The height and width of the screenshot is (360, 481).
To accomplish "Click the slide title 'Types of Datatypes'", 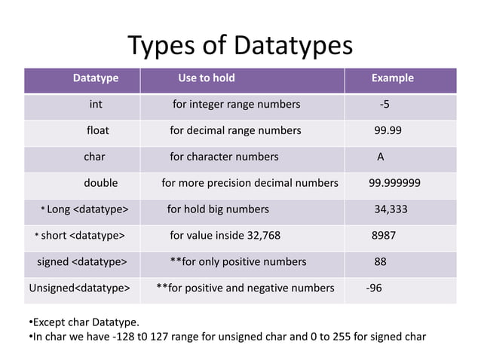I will point(240,46).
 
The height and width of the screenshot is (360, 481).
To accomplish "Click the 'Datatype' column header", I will point(95,78).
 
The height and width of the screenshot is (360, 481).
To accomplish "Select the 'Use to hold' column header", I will point(206,78).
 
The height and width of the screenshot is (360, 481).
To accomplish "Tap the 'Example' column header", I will point(392,78).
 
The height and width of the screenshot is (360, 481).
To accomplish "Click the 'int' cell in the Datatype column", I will point(96,104).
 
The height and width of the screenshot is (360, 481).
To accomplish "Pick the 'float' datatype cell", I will point(98,130).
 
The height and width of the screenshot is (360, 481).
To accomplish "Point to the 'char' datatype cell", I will point(94,157).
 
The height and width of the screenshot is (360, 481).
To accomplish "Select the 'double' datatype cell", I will point(100,183).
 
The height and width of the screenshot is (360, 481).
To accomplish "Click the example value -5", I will point(384,104).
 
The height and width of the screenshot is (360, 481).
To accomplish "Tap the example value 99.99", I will point(388,130).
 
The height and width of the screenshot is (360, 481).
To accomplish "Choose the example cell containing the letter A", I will point(381,157).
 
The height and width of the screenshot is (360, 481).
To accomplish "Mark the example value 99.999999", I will point(394,183).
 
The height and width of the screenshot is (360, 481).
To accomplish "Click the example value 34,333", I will point(391,209).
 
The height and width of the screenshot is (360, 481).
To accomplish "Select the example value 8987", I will point(384,236).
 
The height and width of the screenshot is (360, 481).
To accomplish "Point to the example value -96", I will point(373,288).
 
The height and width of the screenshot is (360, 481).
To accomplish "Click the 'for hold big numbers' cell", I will point(217,209).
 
